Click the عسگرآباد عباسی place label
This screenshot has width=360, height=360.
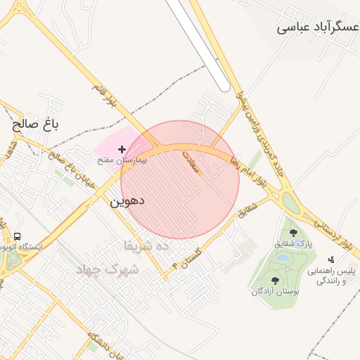point(318,27)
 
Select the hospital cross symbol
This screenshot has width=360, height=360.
point(122,149)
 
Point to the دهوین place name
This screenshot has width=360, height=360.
point(127,200)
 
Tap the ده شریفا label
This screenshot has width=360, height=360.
point(146,246)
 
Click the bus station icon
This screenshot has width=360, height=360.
point(17,236)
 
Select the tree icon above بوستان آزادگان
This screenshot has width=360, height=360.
point(274,281)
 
